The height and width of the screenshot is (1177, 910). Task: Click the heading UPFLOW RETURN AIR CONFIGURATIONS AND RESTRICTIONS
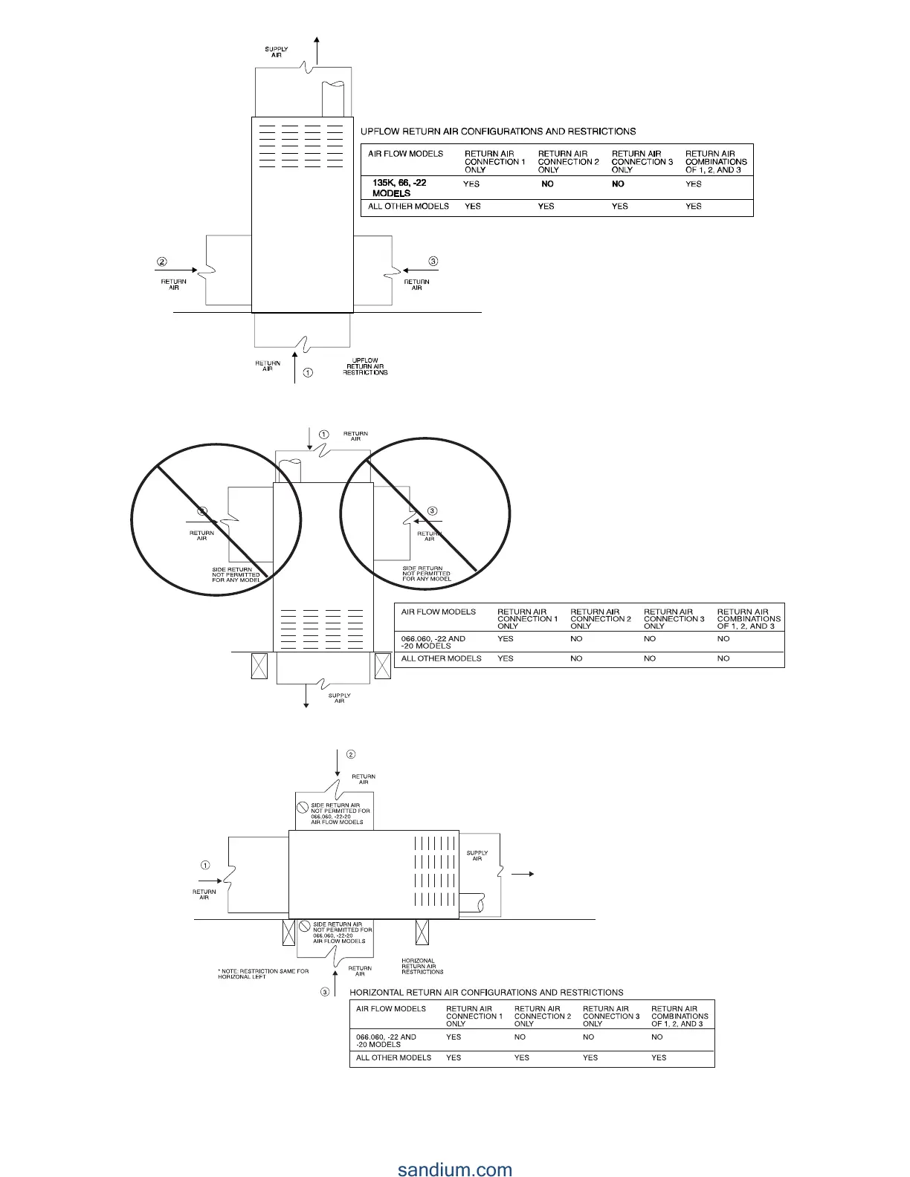coord(498,132)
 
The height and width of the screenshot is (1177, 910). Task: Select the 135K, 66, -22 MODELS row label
coord(399,187)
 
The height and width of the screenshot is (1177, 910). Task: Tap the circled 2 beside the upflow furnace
coord(162,262)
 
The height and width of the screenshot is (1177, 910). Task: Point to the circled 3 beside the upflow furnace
coord(433,261)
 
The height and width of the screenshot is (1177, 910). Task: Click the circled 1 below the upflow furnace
coord(308,373)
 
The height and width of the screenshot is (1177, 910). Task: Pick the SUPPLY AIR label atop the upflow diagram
coord(277,52)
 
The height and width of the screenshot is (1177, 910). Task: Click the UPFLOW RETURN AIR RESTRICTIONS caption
coord(365,366)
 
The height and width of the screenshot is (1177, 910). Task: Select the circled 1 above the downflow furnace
coord(323,434)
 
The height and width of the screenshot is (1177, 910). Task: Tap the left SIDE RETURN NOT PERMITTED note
coord(236,574)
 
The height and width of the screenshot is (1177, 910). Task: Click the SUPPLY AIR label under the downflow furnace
coord(339,698)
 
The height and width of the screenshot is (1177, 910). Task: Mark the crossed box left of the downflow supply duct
coord(259,666)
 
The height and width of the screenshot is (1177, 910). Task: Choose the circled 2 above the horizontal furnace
coord(351,755)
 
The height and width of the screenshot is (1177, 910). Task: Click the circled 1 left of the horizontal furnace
coord(205,865)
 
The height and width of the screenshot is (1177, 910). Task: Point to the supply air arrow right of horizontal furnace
coord(523,874)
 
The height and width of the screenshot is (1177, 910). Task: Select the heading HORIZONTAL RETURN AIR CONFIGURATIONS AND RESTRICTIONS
coord(486,992)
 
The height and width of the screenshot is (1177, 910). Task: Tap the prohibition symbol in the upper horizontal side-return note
coord(303,807)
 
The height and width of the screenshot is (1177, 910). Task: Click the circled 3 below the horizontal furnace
coord(325,992)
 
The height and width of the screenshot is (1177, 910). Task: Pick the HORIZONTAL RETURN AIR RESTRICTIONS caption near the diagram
coord(422,966)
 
